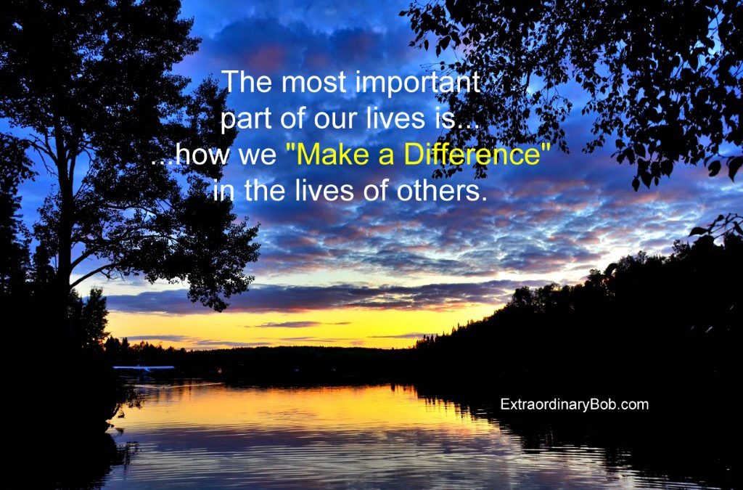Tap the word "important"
[x=417, y=82]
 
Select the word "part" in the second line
[x=246, y=119]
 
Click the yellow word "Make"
[x=334, y=154]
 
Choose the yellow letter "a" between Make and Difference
[x=386, y=157]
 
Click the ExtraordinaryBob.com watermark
[x=575, y=404]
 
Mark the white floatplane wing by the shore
[x=144, y=368]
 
